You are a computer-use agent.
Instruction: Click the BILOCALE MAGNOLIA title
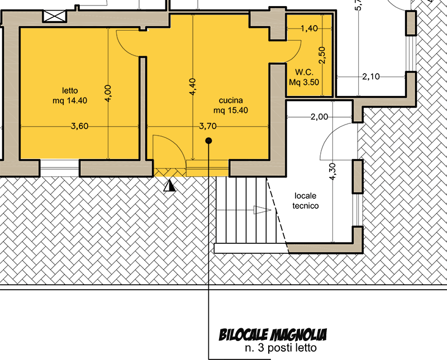coord(273,335)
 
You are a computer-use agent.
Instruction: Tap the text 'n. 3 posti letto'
coord(280,348)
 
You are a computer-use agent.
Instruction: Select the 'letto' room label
coord(70,90)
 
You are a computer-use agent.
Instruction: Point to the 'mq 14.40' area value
coord(70,100)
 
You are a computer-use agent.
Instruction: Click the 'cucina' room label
coord(231,100)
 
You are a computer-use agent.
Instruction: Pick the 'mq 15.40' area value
coord(231,110)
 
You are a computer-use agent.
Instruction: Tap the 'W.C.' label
coord(304,72)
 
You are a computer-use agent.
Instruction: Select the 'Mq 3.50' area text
coord(304,82)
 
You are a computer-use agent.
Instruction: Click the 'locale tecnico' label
coord(305,201)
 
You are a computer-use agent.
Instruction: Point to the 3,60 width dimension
coord(79,126)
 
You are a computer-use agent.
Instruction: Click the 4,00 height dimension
coord(108,93)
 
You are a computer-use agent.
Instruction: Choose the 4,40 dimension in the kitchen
coord(192,87)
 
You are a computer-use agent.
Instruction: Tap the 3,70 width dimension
coord(207,126)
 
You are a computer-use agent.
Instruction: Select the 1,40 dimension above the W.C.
coord(310,28)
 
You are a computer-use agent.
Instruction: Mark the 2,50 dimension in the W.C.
coord(322,55)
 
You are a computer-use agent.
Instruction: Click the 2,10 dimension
coord(371,76)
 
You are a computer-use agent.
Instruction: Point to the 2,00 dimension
coord(319,117)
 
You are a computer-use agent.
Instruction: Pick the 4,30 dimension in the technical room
coord(332,171)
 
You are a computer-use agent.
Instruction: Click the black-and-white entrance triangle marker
coord(170,185)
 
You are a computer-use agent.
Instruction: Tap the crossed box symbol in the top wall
coord(55,16)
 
